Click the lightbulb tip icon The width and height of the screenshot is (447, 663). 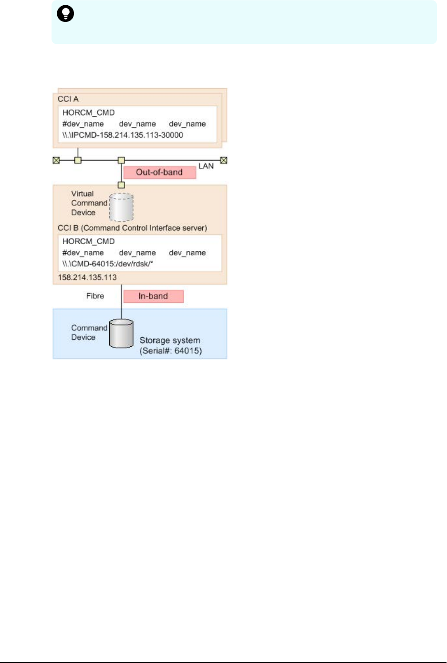65,14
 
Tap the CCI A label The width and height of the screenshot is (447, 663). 68,99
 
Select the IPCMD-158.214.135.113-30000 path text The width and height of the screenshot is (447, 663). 123,135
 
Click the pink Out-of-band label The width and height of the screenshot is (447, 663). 159,172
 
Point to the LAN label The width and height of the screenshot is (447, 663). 206,166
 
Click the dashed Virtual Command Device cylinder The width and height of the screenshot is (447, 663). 121,207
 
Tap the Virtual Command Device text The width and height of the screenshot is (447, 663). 89,203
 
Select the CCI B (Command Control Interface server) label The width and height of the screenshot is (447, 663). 132,228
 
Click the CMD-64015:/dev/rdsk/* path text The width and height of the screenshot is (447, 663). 108,264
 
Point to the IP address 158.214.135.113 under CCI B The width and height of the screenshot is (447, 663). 87,277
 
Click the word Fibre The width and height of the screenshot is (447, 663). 95,296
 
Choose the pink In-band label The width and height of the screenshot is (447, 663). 153,296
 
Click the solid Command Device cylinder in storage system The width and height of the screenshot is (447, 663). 121,334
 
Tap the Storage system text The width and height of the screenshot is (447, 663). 169,340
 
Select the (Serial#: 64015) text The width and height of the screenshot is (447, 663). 170,351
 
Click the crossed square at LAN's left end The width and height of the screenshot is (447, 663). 56,160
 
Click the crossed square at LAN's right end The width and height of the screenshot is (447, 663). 223,160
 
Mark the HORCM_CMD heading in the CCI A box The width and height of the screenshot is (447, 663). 88,113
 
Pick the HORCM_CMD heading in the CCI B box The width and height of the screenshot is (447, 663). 88,241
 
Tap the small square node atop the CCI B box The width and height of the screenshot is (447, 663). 121,185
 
